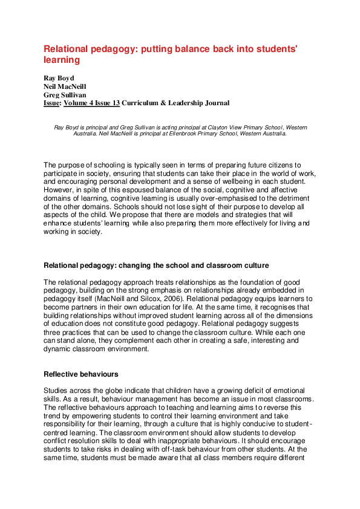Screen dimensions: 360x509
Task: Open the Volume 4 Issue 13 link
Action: click(x=91, y=103)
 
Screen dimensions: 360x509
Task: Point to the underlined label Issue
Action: click(x=51, y=103)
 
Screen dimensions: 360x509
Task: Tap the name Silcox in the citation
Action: click(x=166, y=299)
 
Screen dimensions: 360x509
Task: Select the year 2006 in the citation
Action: click(x=188, y=299)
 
